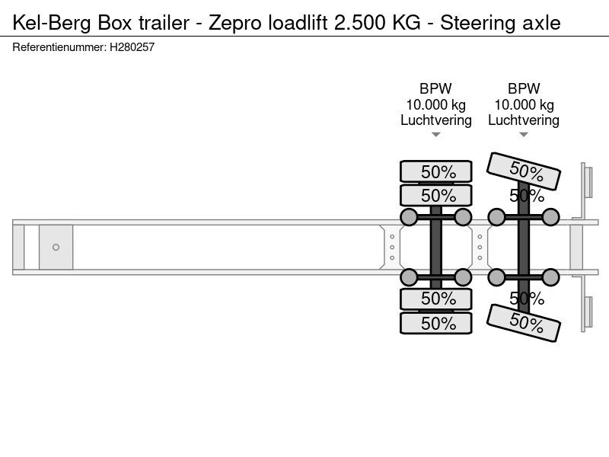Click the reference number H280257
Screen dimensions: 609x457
[x=132, y=47]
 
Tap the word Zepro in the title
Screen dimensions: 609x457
[x=235, y=24]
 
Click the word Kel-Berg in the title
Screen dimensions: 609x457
[x=52, y=24]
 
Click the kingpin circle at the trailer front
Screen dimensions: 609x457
[x=56, y=247]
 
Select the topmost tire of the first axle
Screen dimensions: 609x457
[x=436, y=171]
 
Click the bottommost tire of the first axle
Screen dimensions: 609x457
[x=436, y=323]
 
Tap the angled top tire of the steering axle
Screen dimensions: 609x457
[x=524, y=171]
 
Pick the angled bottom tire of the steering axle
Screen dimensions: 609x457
[x=524, y=323]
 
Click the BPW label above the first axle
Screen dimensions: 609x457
[x=435, y=88]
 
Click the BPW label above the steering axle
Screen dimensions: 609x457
[x=524, y=88]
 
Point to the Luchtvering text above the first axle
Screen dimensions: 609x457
[x=436, y=120]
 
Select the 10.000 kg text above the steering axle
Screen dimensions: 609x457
[x=524, y=104]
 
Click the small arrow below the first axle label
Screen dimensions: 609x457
[x=435, y=135]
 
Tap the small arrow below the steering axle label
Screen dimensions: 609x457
[x=524, y=135]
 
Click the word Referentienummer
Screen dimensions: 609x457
[x=59, y=47]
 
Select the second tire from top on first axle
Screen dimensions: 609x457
[x=436, y=195]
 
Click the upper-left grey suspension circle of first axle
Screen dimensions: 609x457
[x=409, y=217]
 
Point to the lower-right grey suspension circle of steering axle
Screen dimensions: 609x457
[x=550, y=277]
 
